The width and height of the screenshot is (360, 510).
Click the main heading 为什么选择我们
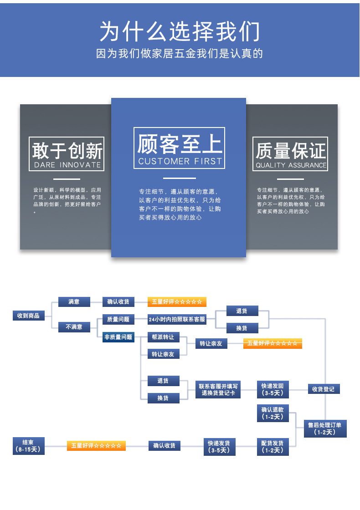tap(180, 32)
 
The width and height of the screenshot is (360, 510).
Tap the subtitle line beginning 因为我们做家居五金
tap(180, 54)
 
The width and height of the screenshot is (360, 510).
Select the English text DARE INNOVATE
tap(67, 165)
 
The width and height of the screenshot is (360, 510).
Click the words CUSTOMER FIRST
tap(180, 161)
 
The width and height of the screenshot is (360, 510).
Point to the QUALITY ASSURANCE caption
tap(291, 165)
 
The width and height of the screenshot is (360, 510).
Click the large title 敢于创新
tap(67, 150)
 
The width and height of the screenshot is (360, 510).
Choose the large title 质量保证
tap(291, 151)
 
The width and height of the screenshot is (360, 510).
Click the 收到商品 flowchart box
tap(28, 315)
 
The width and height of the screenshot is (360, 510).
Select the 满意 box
tap(74, 301)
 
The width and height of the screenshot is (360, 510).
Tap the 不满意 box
tap(74, 326)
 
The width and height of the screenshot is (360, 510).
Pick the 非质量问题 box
tap(118, 337)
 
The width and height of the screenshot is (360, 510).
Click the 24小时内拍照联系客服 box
tap(177, 320)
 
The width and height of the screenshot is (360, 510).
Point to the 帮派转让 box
tap(163, 337)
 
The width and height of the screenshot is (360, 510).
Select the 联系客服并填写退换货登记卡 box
tap(218, 389)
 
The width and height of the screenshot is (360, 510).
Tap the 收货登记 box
tap(323, 389)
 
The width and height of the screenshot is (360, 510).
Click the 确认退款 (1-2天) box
tap(273, 413)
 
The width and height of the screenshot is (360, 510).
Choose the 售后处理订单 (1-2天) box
tap(324, 428)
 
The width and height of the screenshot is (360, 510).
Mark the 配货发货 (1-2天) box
tap(273, 446)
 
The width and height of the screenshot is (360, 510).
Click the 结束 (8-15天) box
tap(28, 445)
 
